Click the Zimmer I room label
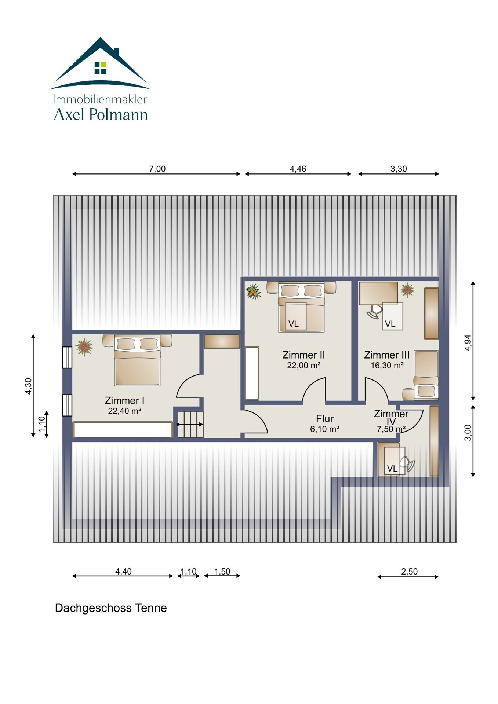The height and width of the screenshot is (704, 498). pyautogui.click(x=124, y=400)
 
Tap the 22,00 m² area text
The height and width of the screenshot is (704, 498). pyautogui.click(x=304, y=366)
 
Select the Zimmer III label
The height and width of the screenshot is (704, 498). pyautogui.click(x=387, y=355)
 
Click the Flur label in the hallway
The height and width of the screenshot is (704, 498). pyautogui.click(x=325, y=419)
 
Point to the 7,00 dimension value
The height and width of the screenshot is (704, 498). pyautogui.click(x=157, y=169)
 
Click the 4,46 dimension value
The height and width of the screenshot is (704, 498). pyautogui.click(x=298, y=169)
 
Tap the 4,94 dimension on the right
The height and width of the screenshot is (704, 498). pyautogui.click(x=468, y=343)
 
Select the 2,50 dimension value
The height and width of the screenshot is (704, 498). pyautogui.click(x=409, y=572)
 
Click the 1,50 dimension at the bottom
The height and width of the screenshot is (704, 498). pyautogui.click(x=222, y=572)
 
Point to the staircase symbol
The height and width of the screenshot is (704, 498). pyautogui.click(x=190, y=424)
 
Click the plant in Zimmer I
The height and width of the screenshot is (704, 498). pyautogui.click(x=84, y=346)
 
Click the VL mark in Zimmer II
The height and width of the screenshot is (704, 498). pyautogui.click(x=294, y=324)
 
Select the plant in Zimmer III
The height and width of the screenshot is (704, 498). pyautogui.click(x=407, y=290)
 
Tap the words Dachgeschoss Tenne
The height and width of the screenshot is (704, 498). pyautogui.click(x=111, y=608)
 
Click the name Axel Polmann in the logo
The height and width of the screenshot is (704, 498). pyautogui.click(x=101, y=114)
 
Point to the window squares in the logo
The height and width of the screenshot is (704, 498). pyautogui.click(x=100, y=68)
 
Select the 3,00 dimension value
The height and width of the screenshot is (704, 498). pyautogui.click(x=468, y=433)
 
